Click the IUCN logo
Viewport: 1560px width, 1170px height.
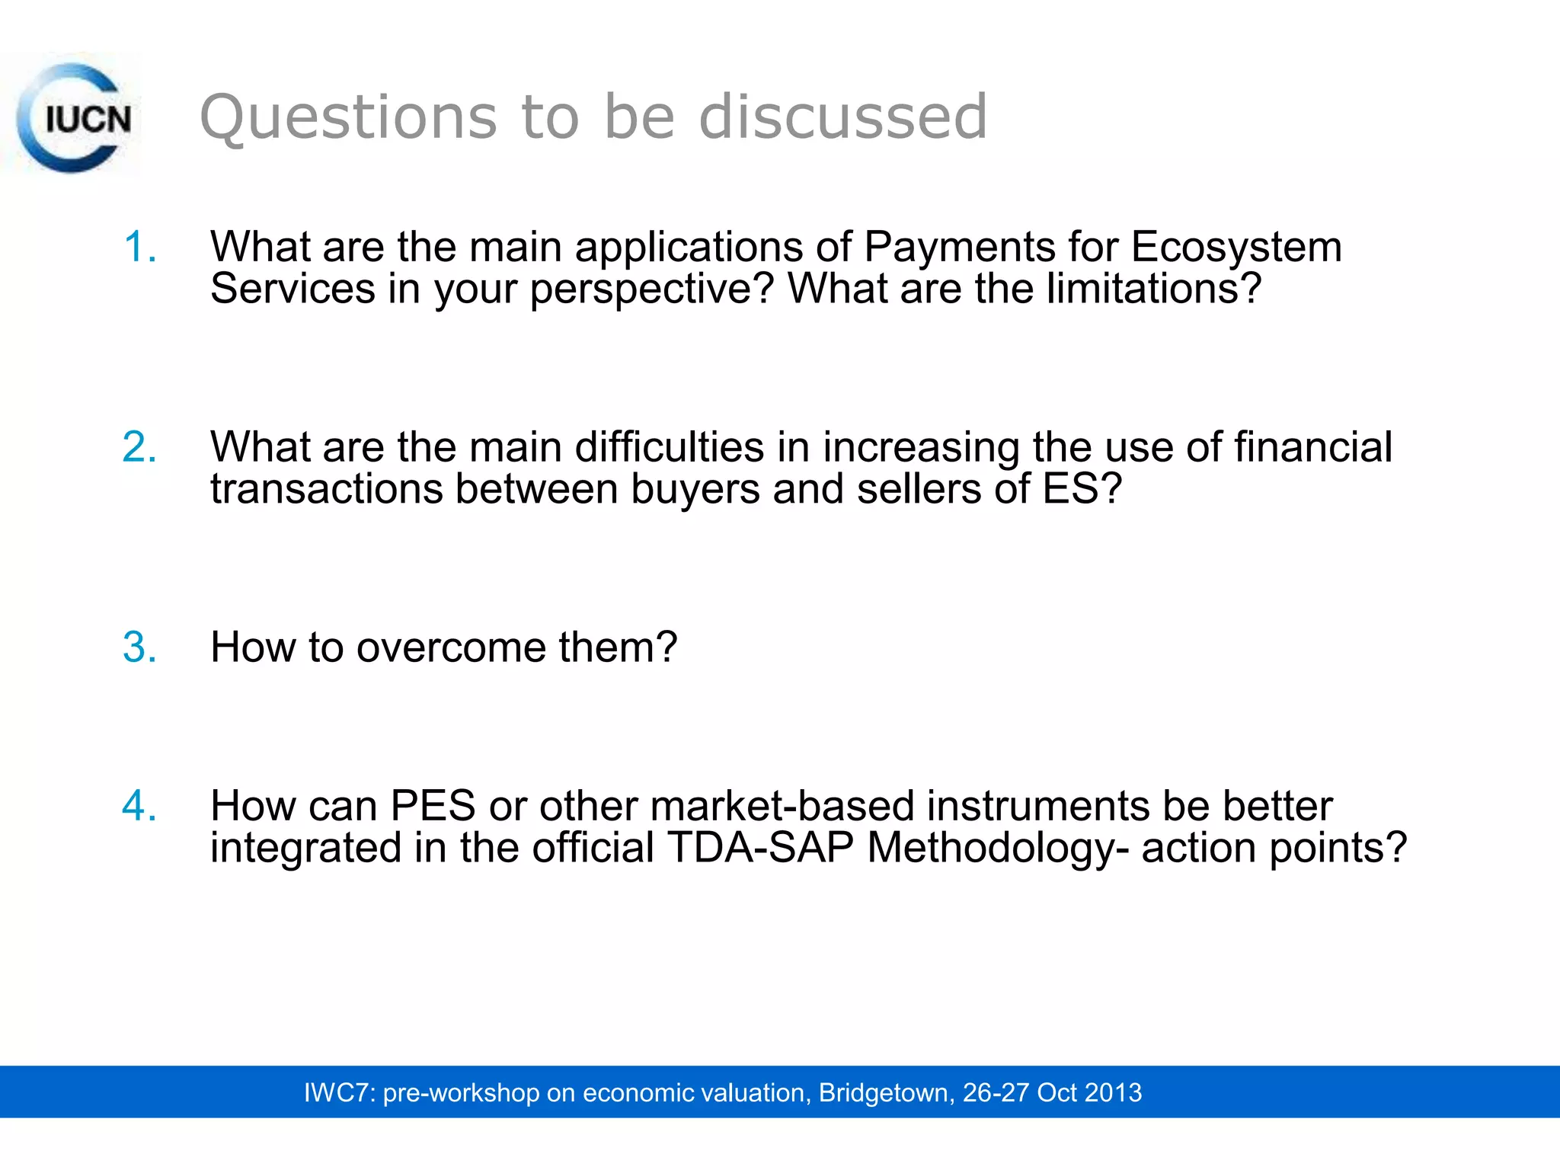pyautogui.click(x=74, y=117)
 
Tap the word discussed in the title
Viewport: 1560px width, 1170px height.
pyautogui.click(x=842, y=117)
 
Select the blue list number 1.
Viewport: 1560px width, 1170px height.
pyautogui.click(x=139, y=247)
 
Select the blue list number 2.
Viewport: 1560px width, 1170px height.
pyautogui.click(x=139, y=447)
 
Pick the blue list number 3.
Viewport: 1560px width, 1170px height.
pyautogui.click(x=139, y=647)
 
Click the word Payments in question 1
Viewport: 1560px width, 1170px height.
pyautogui.click(x=959, y=248)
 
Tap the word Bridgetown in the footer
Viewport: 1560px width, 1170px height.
pyautogui.click(x=883, y=1092)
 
